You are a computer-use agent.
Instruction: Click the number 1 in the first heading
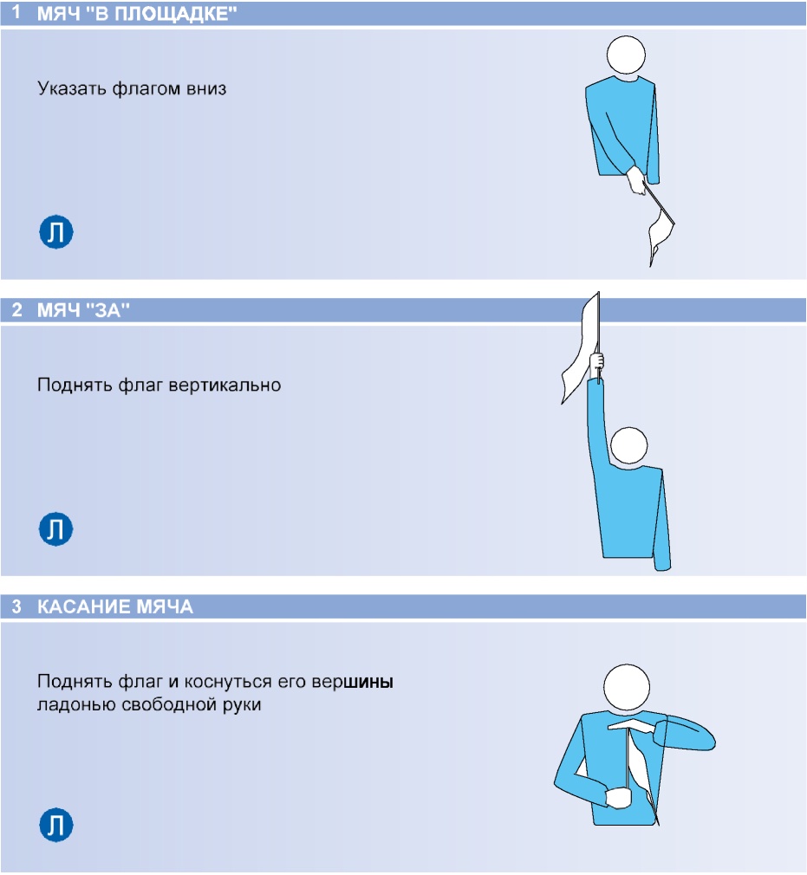coord(16,12)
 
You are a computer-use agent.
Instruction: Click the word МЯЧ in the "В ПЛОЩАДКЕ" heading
coord(59,13)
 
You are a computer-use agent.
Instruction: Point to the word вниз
coord(206,88)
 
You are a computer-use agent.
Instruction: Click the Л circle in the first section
coord(55,231)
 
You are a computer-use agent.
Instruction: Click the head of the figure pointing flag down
coord(626,55)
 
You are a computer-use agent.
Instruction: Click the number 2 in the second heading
coord(16,309)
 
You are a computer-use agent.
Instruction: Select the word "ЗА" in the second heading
coord(112,309)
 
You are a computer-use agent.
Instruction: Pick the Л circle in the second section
coord(55,528)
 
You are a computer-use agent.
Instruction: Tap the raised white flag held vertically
coord(581,347)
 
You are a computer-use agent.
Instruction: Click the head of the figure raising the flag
coord(628,445)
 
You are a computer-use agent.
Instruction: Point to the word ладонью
coord(76,705)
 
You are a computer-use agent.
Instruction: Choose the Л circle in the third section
coord(55,825)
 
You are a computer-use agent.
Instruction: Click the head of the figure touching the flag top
coord(627,688)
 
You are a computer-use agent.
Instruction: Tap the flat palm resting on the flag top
coord(632,725)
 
